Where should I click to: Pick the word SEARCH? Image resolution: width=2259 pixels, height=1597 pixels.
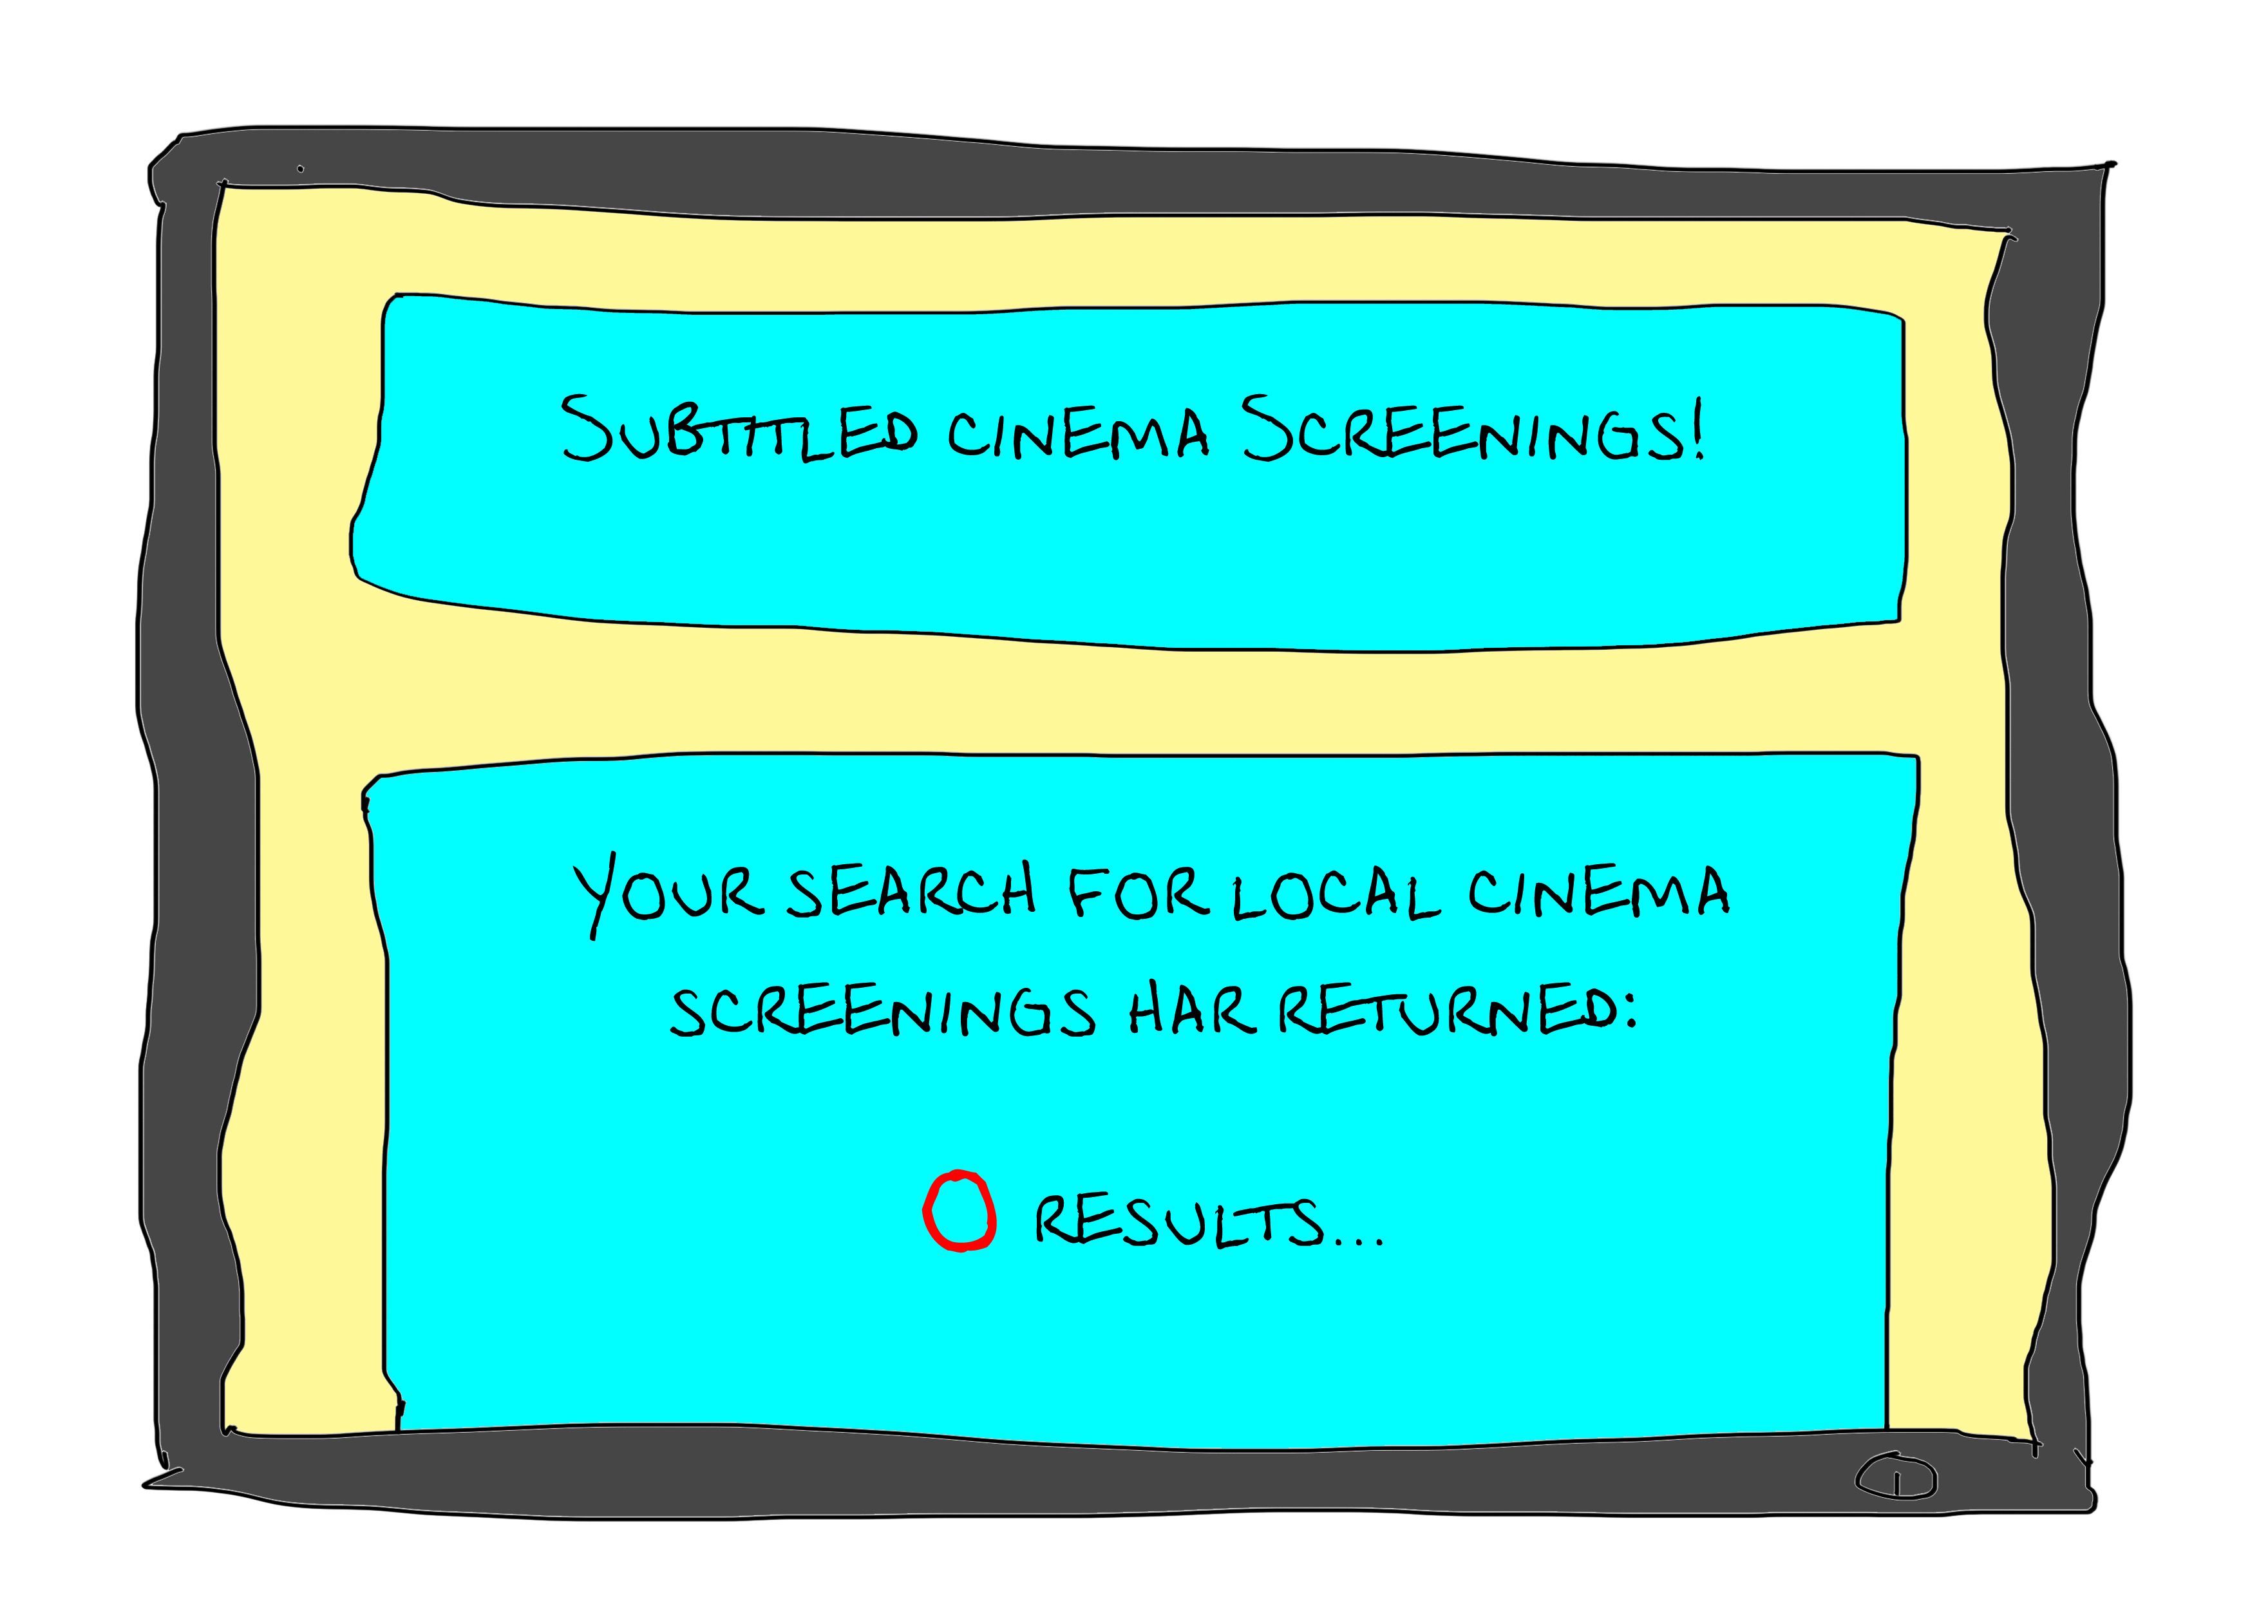(911, 891)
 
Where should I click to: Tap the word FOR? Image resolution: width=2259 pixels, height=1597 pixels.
(1137, 891)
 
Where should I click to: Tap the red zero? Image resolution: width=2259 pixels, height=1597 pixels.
(959, 1210)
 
